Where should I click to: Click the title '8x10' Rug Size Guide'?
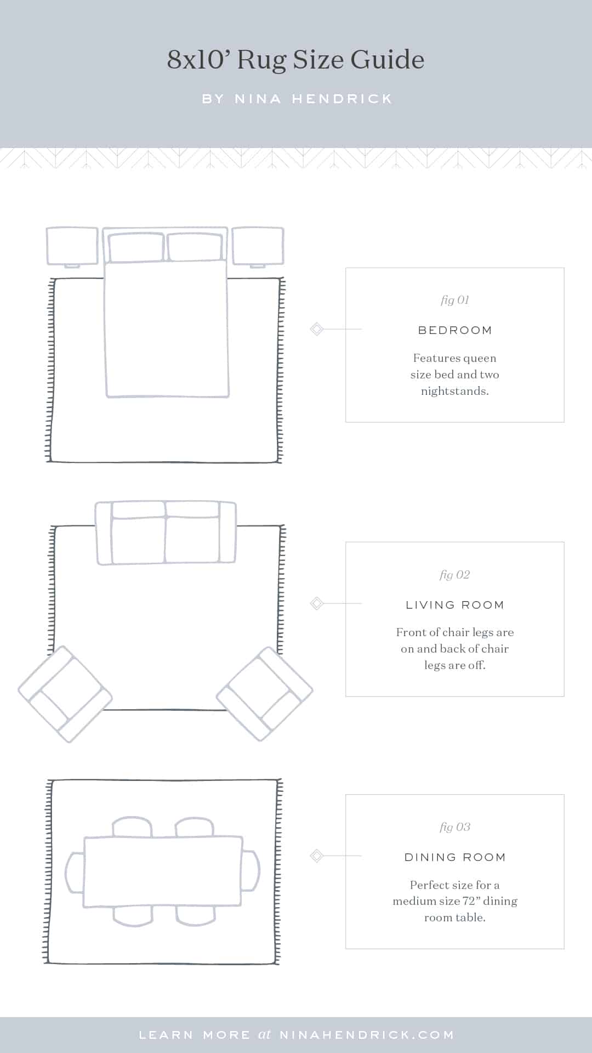pyautogui.click(x=295, y=60)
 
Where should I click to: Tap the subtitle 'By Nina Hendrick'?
pyautogui.click(x=297, y=99)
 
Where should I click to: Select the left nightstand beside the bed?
pyautogui.click(x=72, y=246)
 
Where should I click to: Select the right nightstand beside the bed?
pyautogui.click(x=258, y=246)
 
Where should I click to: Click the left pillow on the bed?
pyautogui.click(x=136, y=247)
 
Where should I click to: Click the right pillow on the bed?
pyautogui.click(x=195, y=247)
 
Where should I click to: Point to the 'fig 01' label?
pyautogui.click(x=454, y=300)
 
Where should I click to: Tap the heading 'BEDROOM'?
pyautogui.click(x=454, y=330)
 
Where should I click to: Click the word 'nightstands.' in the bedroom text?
pyautogui.click(x=454, y=391)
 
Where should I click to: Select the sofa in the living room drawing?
pyautogui.click(x=166, y=533)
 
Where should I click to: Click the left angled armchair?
pyautogui.click(x=65, y=694)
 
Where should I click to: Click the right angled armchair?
pyautogui.click(x=265, y=694)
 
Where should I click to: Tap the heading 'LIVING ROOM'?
pyautogui.click(x=454, y=605)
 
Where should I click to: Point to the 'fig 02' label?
pyautogui.click(x=454, y=575)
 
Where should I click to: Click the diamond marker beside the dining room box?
pyautogui.click(x=316, y=856)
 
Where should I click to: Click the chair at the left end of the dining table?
pyautogui.click(x=75, y=872)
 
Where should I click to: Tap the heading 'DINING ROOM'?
pyautogui.click(x=454, y=857)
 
